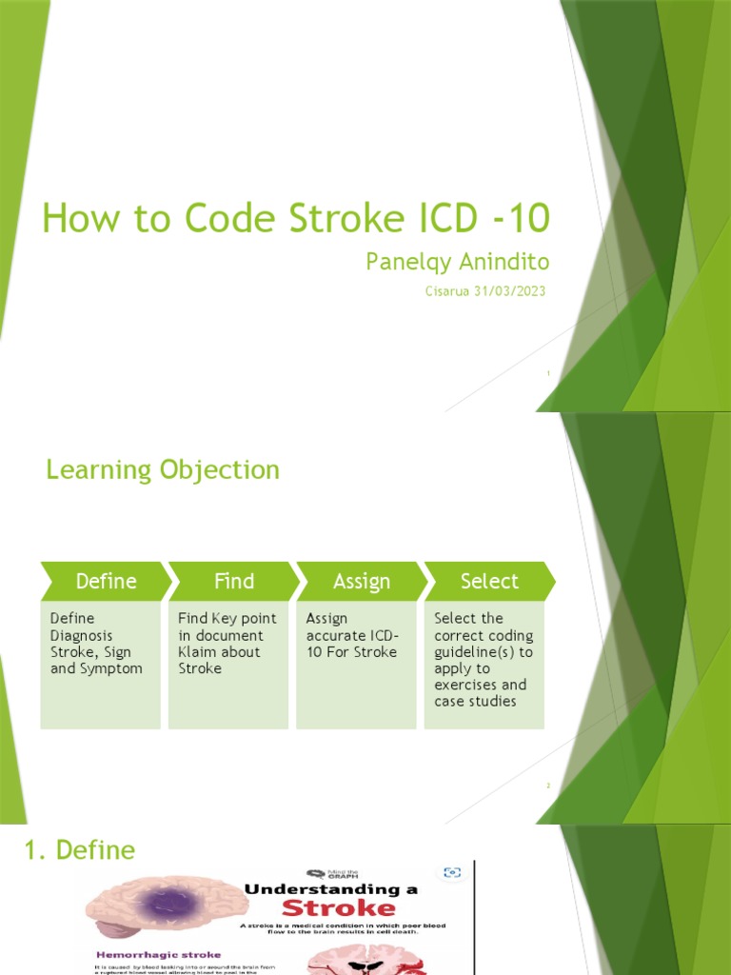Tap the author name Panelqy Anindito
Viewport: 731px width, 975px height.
(x=457, y=262)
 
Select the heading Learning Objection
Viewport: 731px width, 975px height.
(x=163, y=469)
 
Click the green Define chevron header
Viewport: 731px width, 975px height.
(x=106, y=581)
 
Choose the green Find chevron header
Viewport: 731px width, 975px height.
(x=233, y=581)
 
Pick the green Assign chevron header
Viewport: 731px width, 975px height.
(x=362, y=581)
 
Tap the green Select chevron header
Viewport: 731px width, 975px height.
(x=489, y=581)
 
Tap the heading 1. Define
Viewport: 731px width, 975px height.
(x=81, y=849)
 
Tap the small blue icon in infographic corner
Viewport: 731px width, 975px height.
(x=453, y=872)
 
